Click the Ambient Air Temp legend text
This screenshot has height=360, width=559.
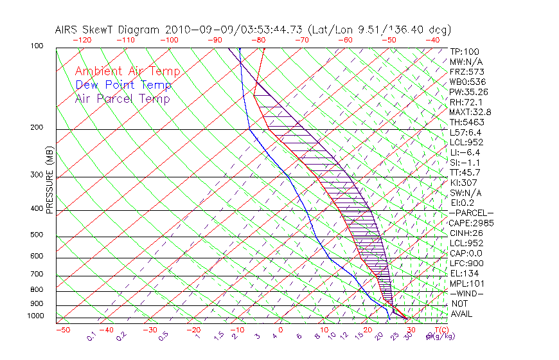pyautogui.click(x=127, y=71)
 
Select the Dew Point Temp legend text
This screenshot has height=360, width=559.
pyautogui.click(x=123, y=85)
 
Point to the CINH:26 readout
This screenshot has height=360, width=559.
pyautogui.click(x=466, y=233)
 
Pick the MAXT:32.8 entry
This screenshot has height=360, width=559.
pyautogui.click(x=469, y=112)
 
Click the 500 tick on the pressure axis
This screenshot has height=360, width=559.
pyautogui.click(x=37, y=235)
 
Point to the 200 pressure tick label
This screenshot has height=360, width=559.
pyautogui.click(x=37, y=128)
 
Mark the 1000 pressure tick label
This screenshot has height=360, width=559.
pyautogui.click(x=35, y=316)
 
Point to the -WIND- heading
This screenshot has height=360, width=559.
pyautogui.click(x=466, y=293)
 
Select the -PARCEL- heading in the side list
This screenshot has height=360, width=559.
pyautogui.click(x=472, y=213)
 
